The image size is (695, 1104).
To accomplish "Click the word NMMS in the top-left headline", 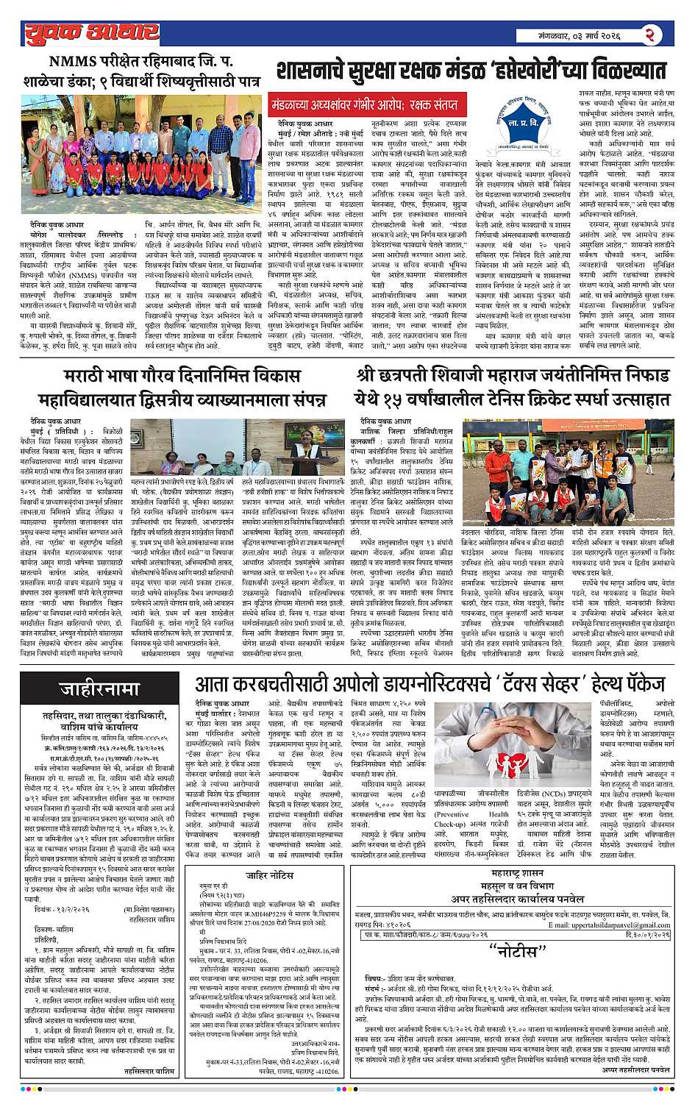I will pos(73,62).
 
